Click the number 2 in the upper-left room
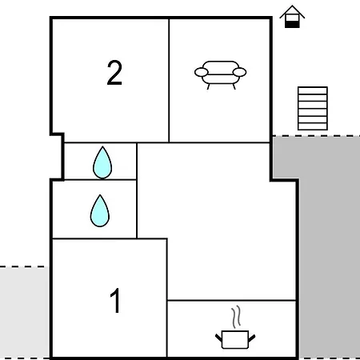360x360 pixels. (114, 73)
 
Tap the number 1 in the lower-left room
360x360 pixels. (116, 300)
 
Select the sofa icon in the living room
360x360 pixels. (221, 75)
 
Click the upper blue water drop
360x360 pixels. (102, 162)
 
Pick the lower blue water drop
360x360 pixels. (100, 211)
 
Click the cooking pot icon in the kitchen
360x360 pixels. (235, 339)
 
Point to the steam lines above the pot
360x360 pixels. (236, 317)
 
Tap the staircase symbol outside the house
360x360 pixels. (313, 108)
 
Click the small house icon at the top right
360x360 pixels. (292, 17)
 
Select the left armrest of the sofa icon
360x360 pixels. (202, 72)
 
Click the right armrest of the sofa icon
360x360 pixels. (239, 72)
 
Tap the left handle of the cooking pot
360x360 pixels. (218, 338)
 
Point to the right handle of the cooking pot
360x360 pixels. (252, 338)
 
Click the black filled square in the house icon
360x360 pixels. (292, 25)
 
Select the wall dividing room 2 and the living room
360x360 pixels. (169, 80)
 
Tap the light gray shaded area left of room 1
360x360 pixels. (24, 313)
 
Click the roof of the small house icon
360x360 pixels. (292, 11)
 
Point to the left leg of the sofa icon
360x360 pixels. (208, 86)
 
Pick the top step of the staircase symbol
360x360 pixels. (313, 90)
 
